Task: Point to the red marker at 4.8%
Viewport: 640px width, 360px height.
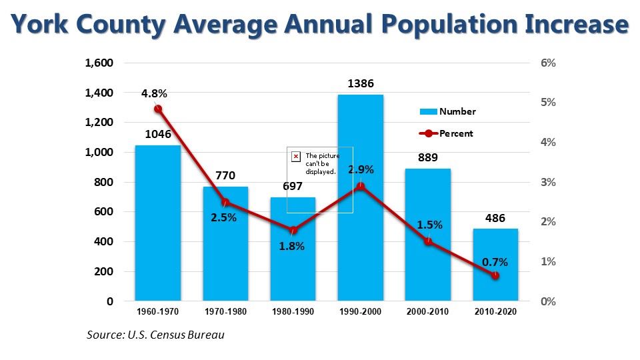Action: tap(158, 109)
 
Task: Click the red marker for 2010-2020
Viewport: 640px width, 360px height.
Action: tap(495, 275)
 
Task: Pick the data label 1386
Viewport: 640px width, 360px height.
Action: tap(360, 84)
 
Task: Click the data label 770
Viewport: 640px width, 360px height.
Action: tap(225, 176)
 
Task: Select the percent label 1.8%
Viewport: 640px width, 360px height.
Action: tap(292, 246)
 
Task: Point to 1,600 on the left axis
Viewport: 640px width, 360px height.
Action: tap(99, 63)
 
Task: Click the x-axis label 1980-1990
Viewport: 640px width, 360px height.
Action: tap(292, 312)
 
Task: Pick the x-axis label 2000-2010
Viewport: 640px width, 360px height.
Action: tap(427, 312)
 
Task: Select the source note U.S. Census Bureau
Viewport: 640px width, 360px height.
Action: tap(155, 335)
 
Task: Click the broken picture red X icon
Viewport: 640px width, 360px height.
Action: tap(296, 156)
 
